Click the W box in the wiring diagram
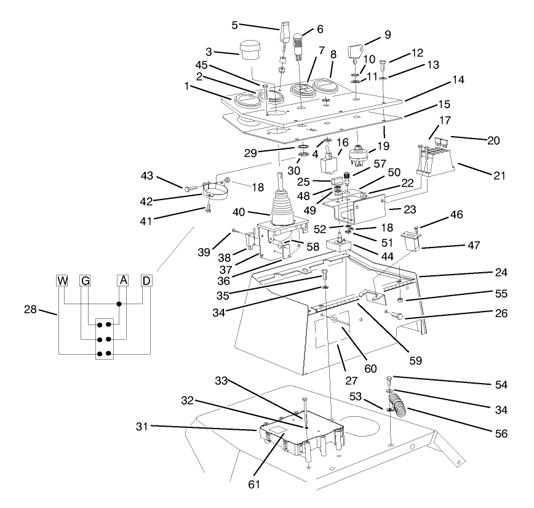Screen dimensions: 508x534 pos(62,281)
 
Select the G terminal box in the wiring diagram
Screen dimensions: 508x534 pos(85,281)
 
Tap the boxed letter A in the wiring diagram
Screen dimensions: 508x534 pos(123,281)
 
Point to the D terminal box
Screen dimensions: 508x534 pos(146,281)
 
